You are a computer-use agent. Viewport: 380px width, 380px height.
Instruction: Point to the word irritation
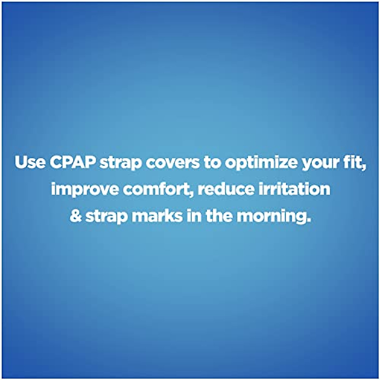tap(294, 189)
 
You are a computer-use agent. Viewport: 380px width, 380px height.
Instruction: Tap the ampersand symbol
tap(76, 216)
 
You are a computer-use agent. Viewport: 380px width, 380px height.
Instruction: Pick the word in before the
tap(193, 216)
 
